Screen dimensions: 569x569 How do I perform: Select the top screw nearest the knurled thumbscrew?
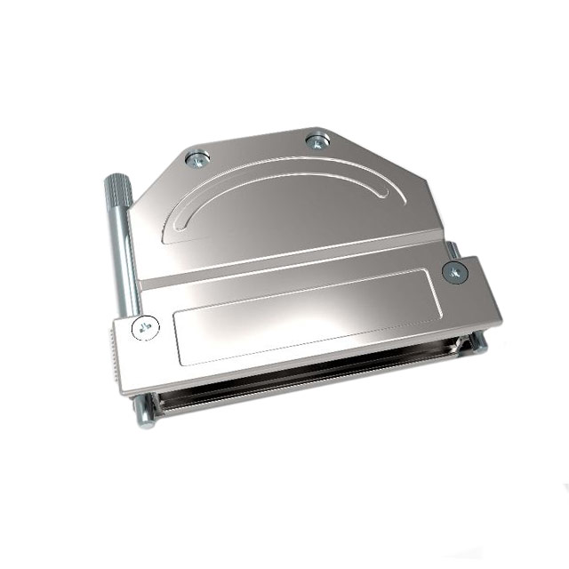click(x=197, y=159)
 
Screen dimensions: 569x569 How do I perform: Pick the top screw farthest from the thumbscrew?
click(x=317, y=140)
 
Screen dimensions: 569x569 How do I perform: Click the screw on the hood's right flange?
click(x=454, y=273)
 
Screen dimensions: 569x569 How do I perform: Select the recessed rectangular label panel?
click(x=307, y=316)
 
